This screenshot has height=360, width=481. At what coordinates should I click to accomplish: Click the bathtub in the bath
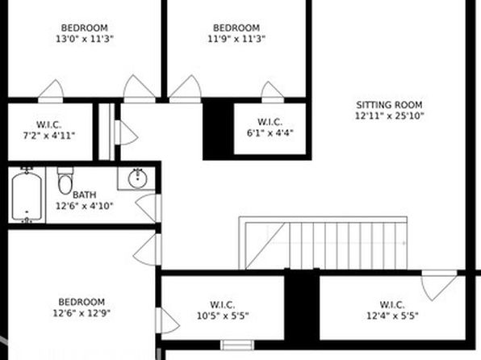27,195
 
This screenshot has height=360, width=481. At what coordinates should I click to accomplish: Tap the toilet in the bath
65,181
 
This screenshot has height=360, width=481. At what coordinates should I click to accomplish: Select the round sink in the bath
137,178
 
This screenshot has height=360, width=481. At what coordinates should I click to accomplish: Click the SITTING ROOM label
389,105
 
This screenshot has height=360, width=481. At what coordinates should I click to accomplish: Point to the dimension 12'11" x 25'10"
389,116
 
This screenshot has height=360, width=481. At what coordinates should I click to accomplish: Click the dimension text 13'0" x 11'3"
85,39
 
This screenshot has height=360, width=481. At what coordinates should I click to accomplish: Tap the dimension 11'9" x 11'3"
236,39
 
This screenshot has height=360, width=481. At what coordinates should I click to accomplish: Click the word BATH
85,195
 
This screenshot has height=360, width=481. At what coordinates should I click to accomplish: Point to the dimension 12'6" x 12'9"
82,313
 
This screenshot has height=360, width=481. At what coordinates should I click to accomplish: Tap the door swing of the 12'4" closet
439,286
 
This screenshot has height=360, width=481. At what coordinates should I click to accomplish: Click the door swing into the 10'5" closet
168,320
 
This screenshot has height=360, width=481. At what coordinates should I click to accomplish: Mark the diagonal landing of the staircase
266,246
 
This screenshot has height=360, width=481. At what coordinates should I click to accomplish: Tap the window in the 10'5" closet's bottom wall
237,345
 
